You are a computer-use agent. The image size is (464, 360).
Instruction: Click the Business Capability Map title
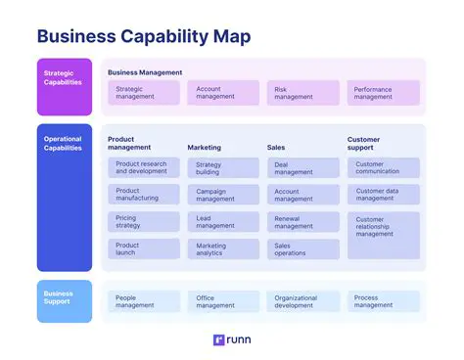pos(143,36)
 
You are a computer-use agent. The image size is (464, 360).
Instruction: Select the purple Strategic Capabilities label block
pos(65,82)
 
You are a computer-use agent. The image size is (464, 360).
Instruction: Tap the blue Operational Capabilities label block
pos(65,196)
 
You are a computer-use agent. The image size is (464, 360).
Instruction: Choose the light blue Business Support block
pos(65,300)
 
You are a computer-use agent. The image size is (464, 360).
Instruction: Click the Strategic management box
pos(144,93)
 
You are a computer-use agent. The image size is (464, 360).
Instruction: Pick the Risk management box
pos(303,93)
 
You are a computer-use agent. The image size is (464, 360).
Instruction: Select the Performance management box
pos(384,93)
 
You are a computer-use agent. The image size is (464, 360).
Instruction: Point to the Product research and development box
pos(144,168)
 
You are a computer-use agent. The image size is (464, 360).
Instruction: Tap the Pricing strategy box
pos(144,222)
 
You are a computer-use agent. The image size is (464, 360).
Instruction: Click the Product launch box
pos(144,249)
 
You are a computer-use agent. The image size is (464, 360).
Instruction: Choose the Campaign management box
pos(223,196)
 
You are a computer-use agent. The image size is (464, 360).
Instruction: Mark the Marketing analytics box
pos(223,249)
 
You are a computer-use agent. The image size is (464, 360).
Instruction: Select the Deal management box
pos(303,168)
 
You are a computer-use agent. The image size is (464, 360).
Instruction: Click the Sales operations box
pos(303,249)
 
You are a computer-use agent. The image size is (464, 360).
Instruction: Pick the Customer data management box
pos(384,195)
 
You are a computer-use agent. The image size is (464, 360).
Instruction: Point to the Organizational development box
pos(303,301)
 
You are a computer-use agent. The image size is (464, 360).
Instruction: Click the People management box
pos(144,301)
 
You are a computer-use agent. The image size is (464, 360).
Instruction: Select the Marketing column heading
pos(205,148)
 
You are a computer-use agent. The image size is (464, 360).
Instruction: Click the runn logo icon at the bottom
pos(218,341)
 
